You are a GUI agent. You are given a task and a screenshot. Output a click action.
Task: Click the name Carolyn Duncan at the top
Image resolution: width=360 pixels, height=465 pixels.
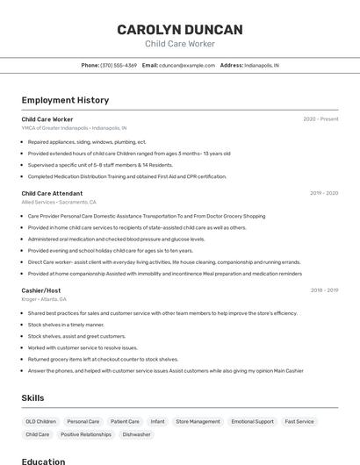point(179,29)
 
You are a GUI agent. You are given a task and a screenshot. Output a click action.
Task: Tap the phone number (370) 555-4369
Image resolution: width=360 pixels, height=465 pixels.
point(118,65)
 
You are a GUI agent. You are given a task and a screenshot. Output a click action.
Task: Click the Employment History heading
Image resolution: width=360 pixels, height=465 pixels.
point(65,100)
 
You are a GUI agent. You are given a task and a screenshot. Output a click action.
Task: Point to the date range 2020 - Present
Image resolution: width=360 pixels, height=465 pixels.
point(320,119)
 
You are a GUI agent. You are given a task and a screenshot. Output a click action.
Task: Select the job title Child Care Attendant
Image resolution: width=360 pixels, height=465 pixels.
point(52,193)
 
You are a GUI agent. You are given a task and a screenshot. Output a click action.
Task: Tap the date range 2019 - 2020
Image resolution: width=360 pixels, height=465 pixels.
point(324,193)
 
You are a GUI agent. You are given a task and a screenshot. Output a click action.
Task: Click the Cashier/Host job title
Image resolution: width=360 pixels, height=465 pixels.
point(41,290)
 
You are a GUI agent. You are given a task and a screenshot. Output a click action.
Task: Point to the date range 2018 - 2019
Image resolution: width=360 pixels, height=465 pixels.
point(324,290)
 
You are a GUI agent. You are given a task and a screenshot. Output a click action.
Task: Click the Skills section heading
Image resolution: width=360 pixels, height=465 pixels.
point(32,397)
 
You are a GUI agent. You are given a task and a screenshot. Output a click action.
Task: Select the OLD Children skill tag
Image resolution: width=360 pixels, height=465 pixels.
point(40,421)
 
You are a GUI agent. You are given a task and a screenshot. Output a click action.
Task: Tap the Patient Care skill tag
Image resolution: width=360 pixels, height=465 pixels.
point(125,421)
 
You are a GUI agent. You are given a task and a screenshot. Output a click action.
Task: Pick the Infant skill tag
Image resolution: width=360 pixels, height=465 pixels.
point(157,421)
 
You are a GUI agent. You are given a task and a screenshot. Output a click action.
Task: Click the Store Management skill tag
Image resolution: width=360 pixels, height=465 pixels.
point(198,421)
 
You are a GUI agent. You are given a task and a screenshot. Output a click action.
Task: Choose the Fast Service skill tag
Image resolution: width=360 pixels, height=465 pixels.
point(299,421)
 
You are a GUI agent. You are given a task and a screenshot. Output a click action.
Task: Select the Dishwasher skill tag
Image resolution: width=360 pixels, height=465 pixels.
point(136,434)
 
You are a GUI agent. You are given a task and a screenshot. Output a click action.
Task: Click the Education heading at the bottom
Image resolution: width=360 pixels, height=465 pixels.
point(43,461)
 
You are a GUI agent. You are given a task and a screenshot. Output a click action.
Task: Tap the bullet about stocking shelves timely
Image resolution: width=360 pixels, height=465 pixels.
point(66,325)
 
